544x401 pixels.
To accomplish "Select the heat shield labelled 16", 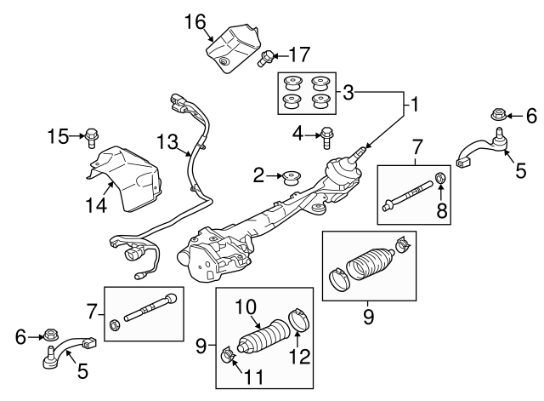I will coord(231,48).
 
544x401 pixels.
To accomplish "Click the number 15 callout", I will coord(57,135).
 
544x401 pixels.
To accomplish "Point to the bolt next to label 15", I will coord(92,135).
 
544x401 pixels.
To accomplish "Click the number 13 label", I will coord(167,140).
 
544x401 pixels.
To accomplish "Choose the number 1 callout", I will coord(414,106).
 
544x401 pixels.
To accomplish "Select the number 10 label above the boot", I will coord(246,306).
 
